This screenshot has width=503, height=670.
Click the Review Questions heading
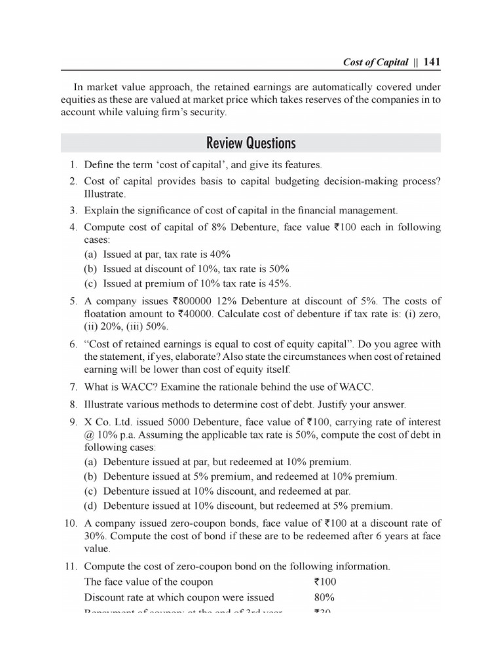[251, 143]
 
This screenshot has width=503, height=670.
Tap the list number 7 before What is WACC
[74, 386]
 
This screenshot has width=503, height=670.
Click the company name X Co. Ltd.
[107, 421]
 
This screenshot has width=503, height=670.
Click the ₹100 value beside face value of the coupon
[326, 582]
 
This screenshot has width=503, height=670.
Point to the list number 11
[71, 566]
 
